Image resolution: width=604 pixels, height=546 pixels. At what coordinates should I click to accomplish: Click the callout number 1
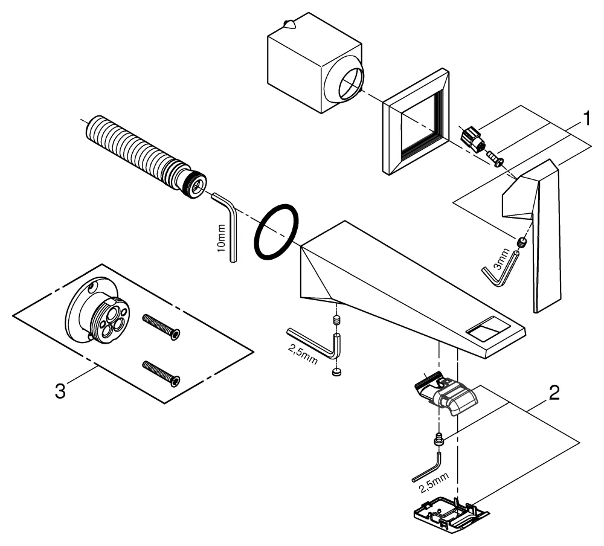pyautogui.click(x=583, y=120)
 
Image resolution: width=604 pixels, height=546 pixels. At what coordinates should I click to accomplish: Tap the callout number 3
pyautogui.click(x=60, y=390)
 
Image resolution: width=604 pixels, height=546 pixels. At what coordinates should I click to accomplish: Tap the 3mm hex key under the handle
pyautogui.click(x=501, y=270)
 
